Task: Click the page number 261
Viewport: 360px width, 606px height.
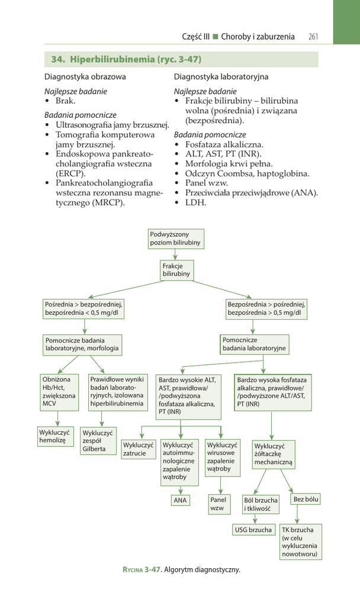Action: point(313,37)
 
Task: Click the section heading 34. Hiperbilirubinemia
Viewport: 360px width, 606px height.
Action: point(126,60)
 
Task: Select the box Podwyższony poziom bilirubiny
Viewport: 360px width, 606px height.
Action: point(175,238)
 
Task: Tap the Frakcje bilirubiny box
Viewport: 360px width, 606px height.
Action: point(176,270)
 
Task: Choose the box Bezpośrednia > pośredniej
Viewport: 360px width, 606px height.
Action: point(266,308)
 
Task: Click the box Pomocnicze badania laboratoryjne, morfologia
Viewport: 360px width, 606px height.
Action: point(82,344)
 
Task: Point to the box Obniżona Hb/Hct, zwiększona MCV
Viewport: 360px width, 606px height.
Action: point(59,392)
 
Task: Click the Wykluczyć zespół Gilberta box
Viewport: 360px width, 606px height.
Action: point(98,441)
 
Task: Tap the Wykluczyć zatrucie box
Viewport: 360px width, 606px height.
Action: point(138,449)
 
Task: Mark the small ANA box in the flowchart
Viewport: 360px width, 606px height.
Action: point(180,500)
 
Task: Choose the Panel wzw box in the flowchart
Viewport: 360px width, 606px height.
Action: point(217,504)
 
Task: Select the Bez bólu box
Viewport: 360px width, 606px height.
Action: point(306,499)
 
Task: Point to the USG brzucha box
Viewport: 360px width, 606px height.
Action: point(253,530)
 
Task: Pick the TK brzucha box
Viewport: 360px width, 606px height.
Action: point(300,542)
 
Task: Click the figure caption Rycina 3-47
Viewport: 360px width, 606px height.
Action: point(181,570)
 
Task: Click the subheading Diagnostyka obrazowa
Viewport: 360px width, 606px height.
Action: point(85,77)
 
